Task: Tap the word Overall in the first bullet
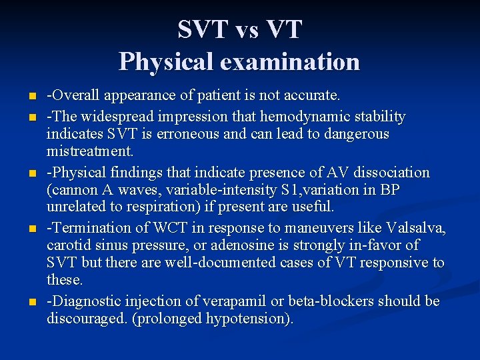(73, 97)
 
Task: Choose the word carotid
(68, 246)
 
